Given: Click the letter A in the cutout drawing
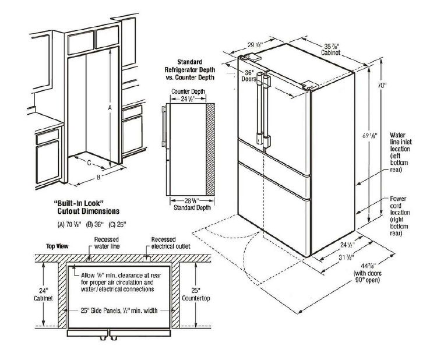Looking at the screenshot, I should pos(108,107).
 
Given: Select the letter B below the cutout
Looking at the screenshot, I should pos(99,177).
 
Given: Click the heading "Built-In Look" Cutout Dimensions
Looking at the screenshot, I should pos(86,207).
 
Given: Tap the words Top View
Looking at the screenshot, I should pos(57,246).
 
